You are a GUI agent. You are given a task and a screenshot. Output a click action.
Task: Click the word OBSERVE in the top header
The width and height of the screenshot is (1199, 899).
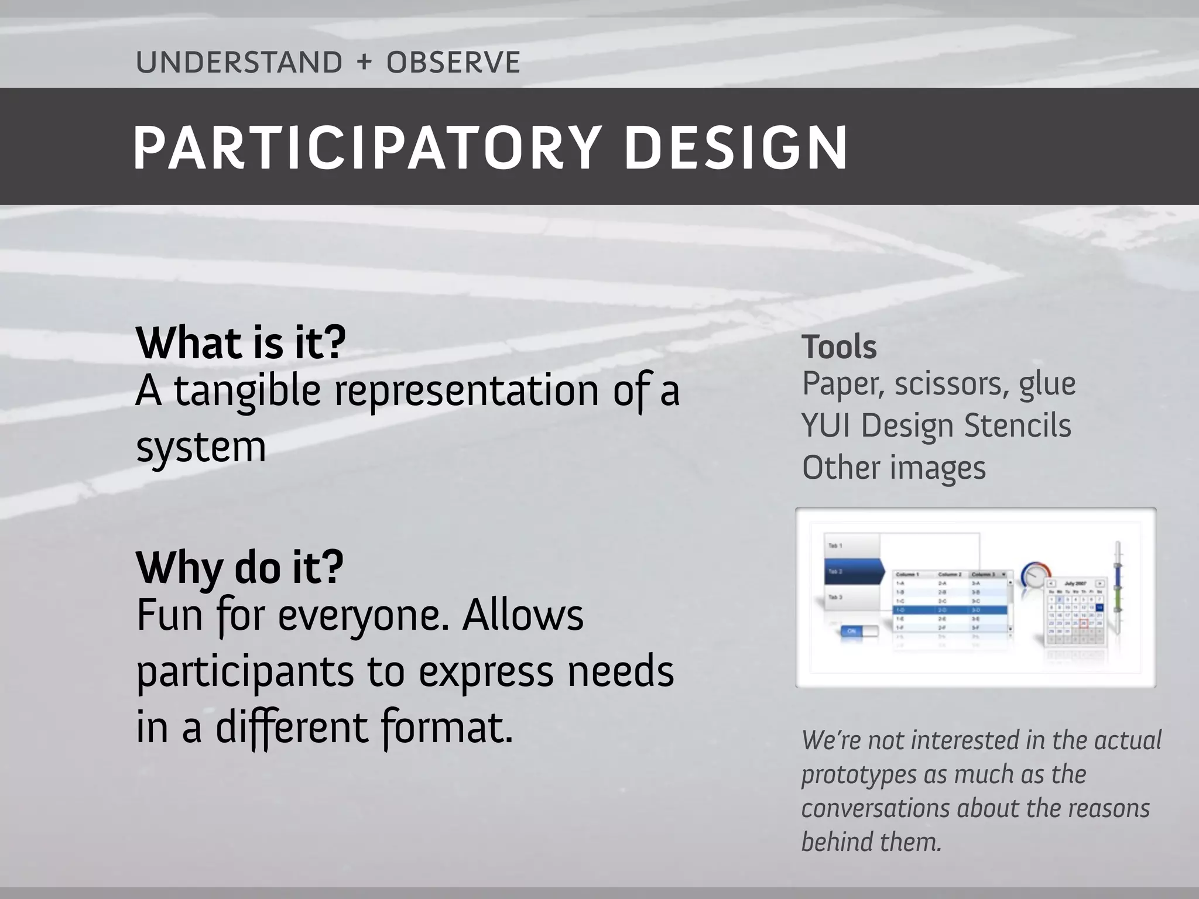[453, 63]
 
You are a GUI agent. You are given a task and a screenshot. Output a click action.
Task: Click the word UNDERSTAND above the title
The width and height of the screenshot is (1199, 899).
[239, 63]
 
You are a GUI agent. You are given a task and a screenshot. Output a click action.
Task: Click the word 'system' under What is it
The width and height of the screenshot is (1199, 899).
[201, 448]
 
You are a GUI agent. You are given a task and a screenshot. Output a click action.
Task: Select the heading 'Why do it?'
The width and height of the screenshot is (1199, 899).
[239, 567]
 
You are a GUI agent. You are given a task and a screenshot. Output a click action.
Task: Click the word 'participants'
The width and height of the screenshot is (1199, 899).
[245, 672]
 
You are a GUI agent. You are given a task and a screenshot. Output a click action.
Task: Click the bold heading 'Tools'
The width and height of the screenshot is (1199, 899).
[838, 347]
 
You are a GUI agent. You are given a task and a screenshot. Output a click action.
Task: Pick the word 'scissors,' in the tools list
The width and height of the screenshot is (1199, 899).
[951, 385]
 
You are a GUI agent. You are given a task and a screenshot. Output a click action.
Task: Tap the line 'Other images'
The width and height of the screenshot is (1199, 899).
[893, 468]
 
